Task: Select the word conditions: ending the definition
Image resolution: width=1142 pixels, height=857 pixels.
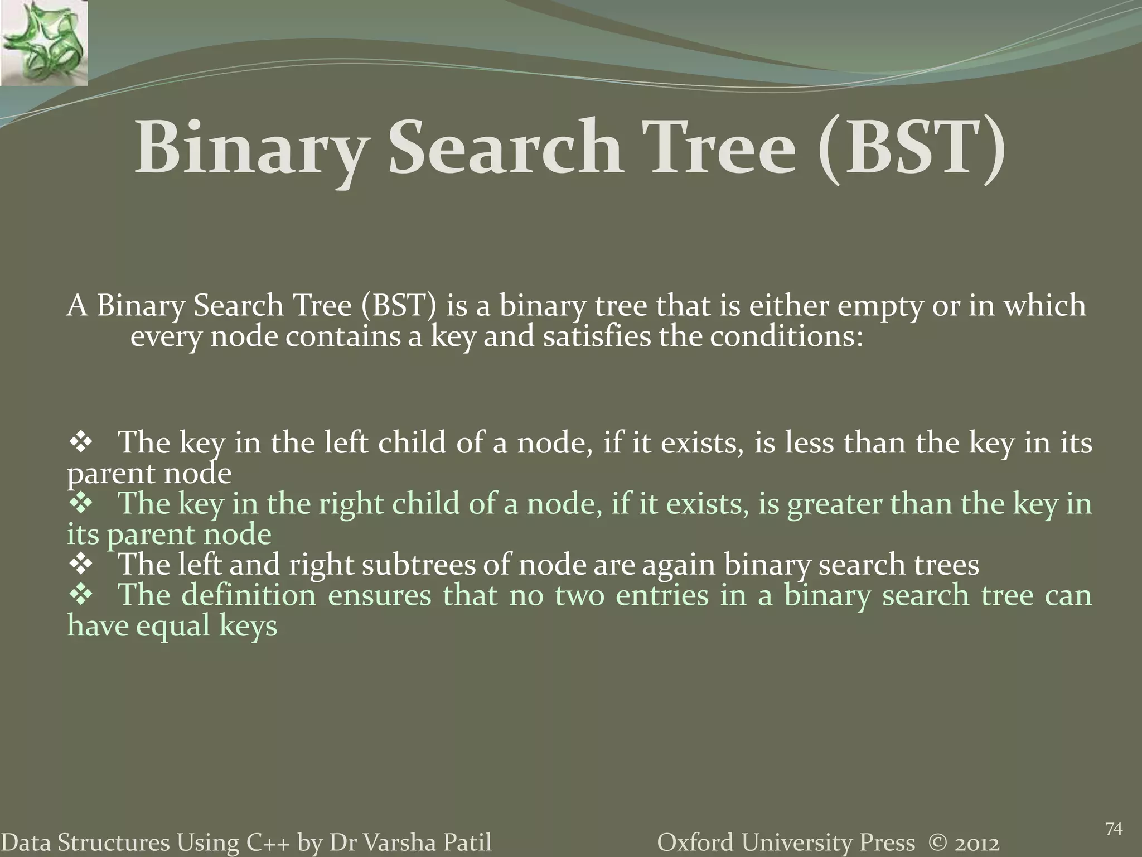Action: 786,336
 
